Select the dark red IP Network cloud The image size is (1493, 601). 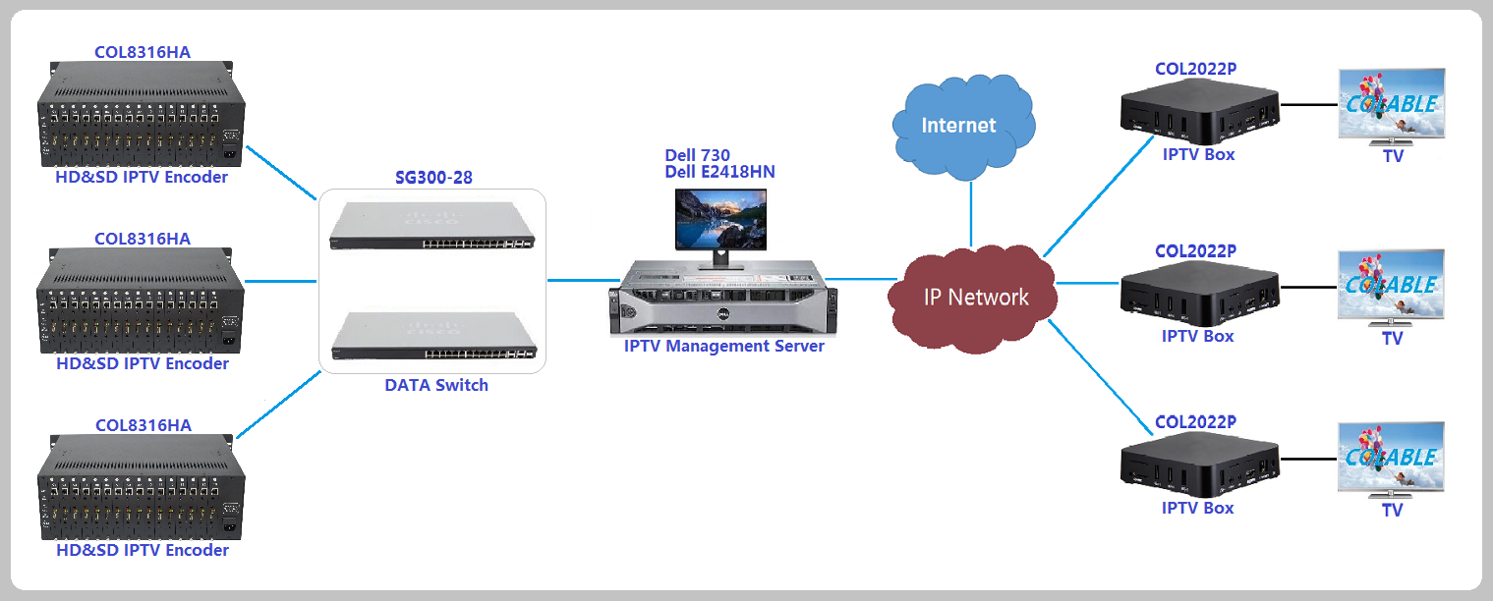click(974, 296)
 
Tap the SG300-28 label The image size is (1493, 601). click(433, 178)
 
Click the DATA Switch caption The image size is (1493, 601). click(435, 385)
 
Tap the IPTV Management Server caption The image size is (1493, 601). click(723, 346)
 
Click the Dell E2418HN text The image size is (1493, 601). click(719, 173)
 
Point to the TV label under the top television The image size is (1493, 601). click(1393, 156)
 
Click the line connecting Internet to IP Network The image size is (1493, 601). click(970, 212)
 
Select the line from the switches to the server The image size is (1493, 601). click(579, 280)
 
